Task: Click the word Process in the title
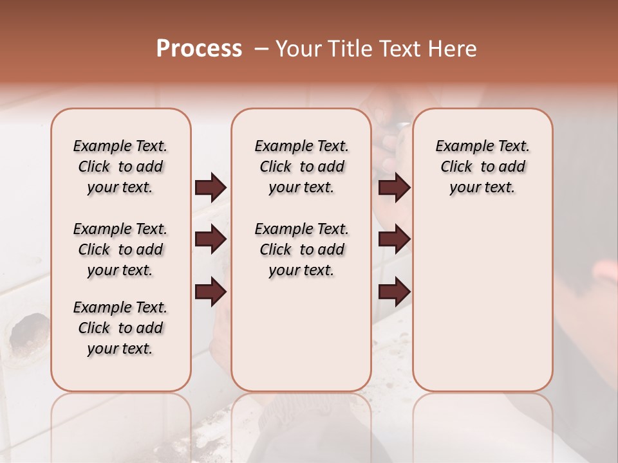tap(199, 49)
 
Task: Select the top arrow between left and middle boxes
tap(211, 188)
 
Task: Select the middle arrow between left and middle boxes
tap(211, 240)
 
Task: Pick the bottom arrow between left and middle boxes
tap(211, 293)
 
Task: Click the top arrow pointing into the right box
tap(394, 188)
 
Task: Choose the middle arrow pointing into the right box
tap(394, 240)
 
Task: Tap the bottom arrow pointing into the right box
tap(394, 293)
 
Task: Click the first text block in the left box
tap(120, 167)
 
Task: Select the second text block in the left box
tap(120, 250)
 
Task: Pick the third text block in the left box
tap(120, 328)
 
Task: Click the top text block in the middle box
tap(301, 167)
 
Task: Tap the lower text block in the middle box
tap(301, 250)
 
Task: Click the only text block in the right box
tap(482, 167)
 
